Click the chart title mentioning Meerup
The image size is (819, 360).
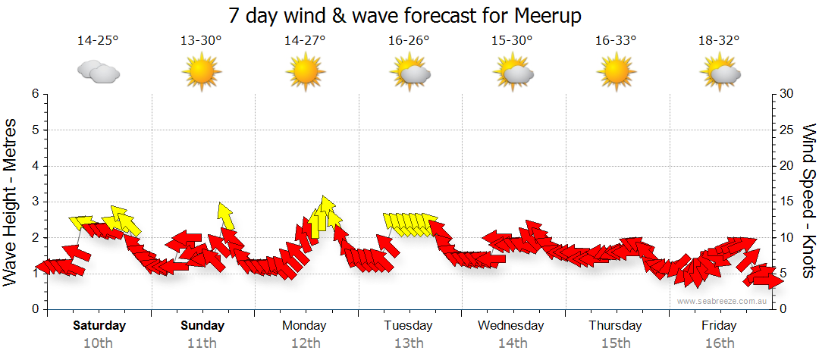tap(409, 15)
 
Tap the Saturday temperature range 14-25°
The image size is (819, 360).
tap(98, 41)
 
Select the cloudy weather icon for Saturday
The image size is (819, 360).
tap(99, 72)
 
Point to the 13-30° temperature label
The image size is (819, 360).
tap(201, 41)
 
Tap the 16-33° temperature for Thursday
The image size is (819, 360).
tap(615, 41)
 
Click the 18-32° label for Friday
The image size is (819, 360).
tap(719, 41)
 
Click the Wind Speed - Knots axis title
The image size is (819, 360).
tap(808, 201)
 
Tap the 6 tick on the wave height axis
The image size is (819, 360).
tap(34, 94)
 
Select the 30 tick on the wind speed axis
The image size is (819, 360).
tap(786, 94)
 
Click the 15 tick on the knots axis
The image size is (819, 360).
tap(786, 202)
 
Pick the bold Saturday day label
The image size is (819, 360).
tap(99, 326)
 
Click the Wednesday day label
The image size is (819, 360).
tap(511, 326)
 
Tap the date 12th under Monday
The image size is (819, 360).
tap(305, 343)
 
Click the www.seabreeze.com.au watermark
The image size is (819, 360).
tap(723, 301)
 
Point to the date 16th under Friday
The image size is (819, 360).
tap(719, 343)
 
